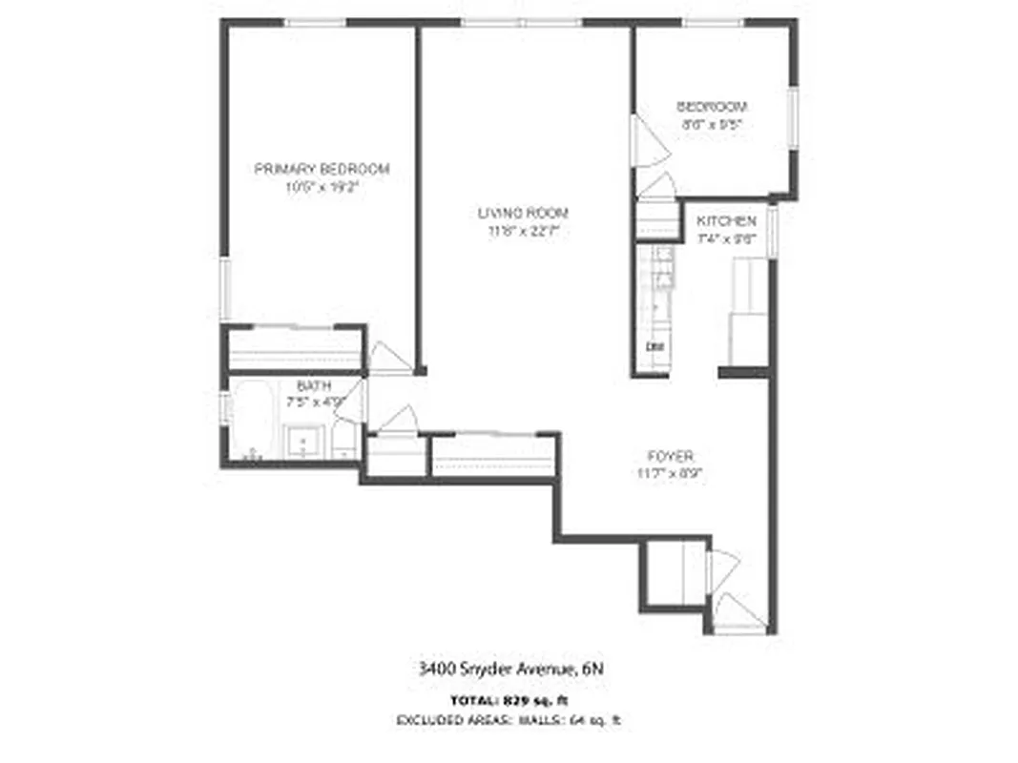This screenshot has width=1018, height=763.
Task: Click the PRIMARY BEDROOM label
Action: [x=322, y=169]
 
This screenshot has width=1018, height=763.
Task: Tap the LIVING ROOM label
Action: [x=523, y=213]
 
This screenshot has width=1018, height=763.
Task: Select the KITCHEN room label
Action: [x=727, y=221]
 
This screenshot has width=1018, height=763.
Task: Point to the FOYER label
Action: [x=672, y=456]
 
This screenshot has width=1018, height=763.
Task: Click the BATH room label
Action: [x=313, y=386]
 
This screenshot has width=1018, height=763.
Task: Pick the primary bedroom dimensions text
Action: [x=322, y=188]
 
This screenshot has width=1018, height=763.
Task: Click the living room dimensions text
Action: [x=523, y=231]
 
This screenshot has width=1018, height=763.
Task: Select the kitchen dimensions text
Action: [x=727, y=239]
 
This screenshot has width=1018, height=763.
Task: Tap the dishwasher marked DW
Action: [x=655, y=346]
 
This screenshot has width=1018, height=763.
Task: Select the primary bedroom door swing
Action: [x=386, y=358]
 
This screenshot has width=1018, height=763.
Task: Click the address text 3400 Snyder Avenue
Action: [x=511, y=670]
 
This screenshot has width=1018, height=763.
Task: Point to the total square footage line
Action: [x=511, y=700]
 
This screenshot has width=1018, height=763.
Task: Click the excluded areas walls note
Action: [x=511, y=720]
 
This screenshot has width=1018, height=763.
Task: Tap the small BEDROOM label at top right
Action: [x=712, y=107]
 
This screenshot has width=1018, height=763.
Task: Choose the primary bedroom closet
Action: [x=293, y=350]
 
